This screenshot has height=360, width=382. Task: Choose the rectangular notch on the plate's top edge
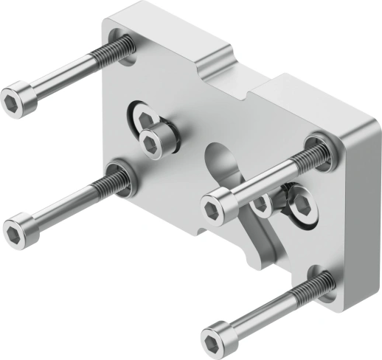(243, 77)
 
